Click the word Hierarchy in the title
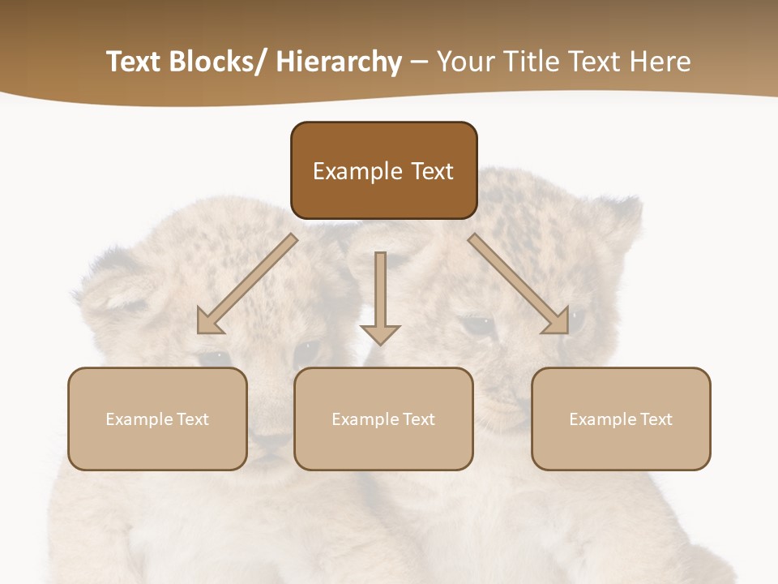[339, 62]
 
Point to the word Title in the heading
[537, 62]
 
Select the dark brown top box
[383, 170]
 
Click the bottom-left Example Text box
[157, 419]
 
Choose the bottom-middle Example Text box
[383, 419]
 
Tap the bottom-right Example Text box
[621, 419]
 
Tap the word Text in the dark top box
[431, 171]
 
